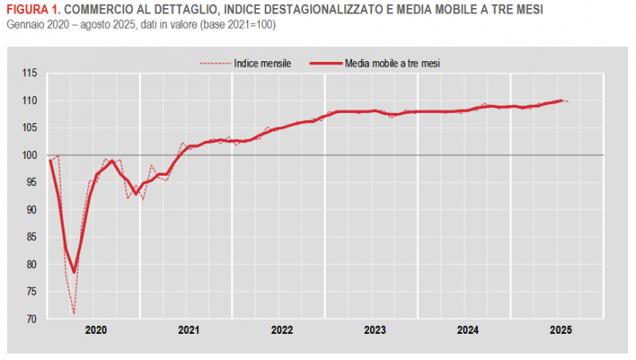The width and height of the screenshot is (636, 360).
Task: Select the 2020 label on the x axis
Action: (x=95, y=330)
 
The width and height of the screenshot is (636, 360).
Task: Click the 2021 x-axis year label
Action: (x=188, y=330)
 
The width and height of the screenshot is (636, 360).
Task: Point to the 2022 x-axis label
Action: (x=281, y=330)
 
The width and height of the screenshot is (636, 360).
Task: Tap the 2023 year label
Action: (x=374, y=330)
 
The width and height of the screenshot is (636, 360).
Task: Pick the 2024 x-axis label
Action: (x=467, y=330)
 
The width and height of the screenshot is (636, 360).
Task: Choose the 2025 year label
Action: (x=560, y=330)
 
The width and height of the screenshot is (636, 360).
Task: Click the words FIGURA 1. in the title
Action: (x=31, y=10)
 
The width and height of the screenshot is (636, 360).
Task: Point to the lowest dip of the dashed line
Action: (x=74, y=314)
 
